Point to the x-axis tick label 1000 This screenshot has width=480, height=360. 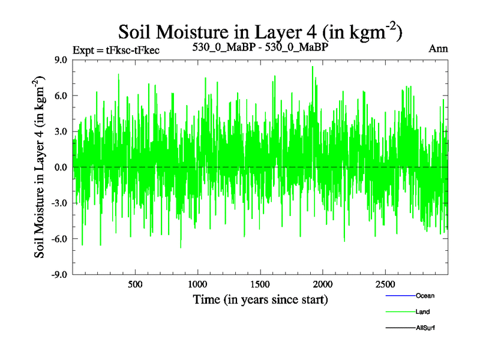(x=197, y=284)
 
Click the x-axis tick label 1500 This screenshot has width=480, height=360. (x=260, y=284)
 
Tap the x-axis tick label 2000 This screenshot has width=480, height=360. (x=323, y=284)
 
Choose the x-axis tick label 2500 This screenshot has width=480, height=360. (x=385, y=284)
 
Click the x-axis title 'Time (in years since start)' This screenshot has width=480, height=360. (x=260, y=299)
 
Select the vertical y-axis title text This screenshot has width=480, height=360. (x=41, y=167)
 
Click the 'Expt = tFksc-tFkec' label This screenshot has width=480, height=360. (x=116, y=50)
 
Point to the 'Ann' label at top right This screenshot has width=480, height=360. (x=438, y=49)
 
